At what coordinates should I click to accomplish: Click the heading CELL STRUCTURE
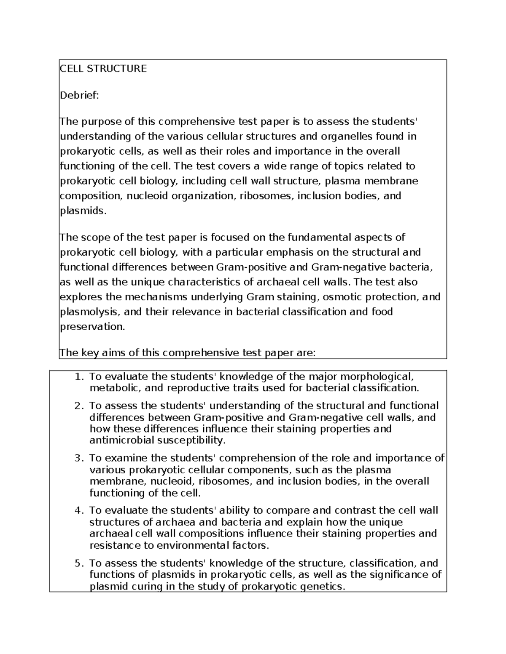click(103, 69)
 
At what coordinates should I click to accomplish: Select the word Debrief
click(79, 96)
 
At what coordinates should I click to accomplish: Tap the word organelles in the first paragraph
click(347, 136)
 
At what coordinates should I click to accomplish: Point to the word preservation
click(92, 327)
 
